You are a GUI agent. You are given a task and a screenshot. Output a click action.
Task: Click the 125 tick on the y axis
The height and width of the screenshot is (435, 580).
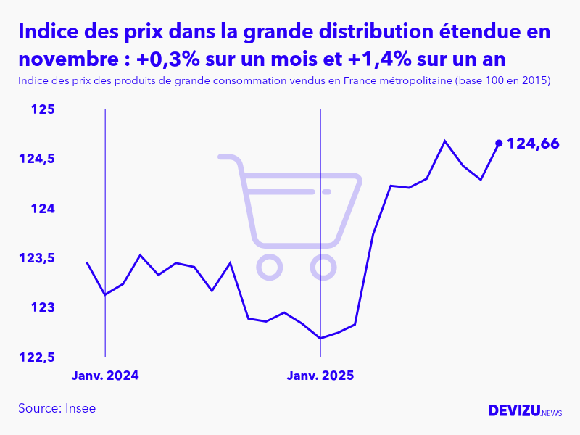[x=43, y=110]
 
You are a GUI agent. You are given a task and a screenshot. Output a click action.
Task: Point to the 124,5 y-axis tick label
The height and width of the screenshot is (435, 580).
[x=37, y=159]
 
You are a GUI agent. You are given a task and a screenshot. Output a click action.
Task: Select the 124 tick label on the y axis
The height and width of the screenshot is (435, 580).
[x=43, y=209]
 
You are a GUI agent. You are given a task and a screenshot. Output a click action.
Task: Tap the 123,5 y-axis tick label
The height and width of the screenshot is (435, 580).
[x=37, y=259]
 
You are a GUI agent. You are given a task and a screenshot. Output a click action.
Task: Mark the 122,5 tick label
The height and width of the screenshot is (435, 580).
[x=37, y=357]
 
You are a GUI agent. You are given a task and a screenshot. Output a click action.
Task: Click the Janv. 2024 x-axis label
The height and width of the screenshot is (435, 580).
[x=105, y=376]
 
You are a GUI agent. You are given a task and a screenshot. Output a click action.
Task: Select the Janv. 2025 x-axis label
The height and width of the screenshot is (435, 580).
[x=320, y=376]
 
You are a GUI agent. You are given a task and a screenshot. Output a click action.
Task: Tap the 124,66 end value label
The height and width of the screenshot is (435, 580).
[x=533, y=144]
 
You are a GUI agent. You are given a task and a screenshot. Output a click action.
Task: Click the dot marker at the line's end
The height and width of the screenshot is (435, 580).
[x=498, y=143]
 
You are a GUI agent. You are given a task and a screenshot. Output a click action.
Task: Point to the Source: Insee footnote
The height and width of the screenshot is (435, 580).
[x=57, y=408]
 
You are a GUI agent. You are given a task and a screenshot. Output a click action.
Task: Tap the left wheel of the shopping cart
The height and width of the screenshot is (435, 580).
[x=269, y=268]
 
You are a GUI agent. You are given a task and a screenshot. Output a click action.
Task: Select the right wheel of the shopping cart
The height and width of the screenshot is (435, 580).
[x=323, y=268]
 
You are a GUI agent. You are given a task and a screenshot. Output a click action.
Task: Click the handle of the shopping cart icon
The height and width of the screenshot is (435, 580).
[x=227, y=157]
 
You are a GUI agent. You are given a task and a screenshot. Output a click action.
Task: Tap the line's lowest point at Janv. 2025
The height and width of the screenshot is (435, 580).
[x=320, y=338]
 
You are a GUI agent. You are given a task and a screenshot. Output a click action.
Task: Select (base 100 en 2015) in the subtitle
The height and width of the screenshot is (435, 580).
[x=502, y=80]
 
